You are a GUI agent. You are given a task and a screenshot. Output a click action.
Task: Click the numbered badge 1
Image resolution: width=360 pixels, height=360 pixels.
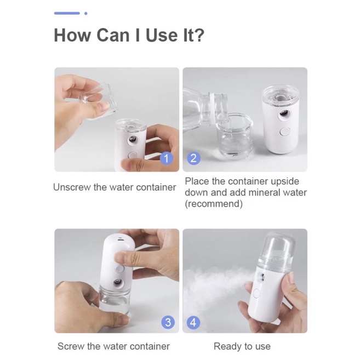pos(167,158)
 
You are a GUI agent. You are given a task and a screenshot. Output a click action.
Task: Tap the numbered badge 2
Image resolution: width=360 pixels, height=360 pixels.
pos(194,158)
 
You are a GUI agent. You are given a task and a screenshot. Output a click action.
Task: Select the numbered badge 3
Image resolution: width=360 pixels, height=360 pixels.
pos(168,322)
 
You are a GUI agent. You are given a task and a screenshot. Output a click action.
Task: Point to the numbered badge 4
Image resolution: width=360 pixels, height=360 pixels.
pos(193,322)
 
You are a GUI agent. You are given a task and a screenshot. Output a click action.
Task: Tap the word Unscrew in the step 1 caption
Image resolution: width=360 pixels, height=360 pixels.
pos(72,187)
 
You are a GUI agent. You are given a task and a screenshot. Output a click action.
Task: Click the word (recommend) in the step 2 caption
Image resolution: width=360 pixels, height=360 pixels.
pos(214,204)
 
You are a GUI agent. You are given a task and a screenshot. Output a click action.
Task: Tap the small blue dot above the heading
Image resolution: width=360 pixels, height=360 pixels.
pos(86,14)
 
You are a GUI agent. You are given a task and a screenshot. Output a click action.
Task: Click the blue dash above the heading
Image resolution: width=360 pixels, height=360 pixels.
pos(67,13)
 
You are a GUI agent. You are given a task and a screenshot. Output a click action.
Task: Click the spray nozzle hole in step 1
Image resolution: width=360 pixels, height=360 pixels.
pos(133,139)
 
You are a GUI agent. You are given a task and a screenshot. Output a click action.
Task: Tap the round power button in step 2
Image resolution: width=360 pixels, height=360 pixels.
pos(285,132)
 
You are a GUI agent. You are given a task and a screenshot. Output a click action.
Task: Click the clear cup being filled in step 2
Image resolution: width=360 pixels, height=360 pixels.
pos(234,135)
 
